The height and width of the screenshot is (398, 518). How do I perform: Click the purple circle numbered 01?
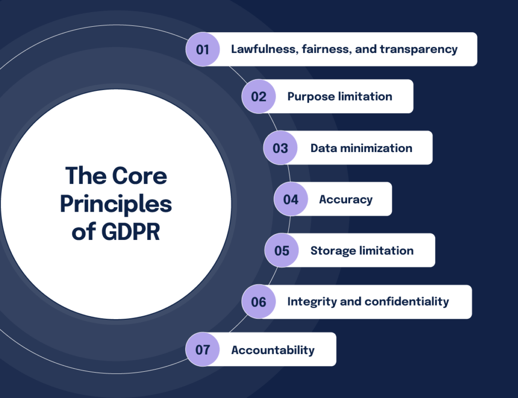(202, 49)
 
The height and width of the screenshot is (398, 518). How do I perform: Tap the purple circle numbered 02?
(258, 96)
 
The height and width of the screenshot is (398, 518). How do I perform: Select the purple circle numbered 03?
(280, 148)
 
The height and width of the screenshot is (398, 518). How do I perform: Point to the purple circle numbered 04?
(290, 199)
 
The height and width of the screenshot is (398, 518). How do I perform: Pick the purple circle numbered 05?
(282, 251)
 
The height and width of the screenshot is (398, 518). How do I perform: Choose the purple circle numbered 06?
(258, 302)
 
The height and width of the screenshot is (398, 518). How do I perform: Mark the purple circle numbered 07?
(202, 350)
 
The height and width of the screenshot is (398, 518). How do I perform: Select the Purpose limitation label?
(339, 96)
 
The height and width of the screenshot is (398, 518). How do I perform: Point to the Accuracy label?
(346, 199)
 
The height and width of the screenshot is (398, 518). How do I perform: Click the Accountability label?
(273, 350)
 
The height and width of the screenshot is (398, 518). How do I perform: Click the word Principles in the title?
(116, 205)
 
